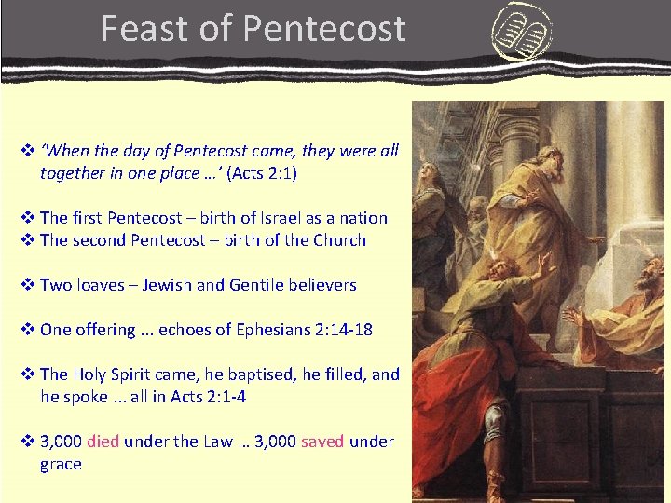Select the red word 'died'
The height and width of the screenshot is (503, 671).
click(103, 442)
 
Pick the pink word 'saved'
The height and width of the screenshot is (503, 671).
click(322, 442)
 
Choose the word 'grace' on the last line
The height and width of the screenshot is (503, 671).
click(61, 464)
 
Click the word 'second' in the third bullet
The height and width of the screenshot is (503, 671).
click(98, 240)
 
